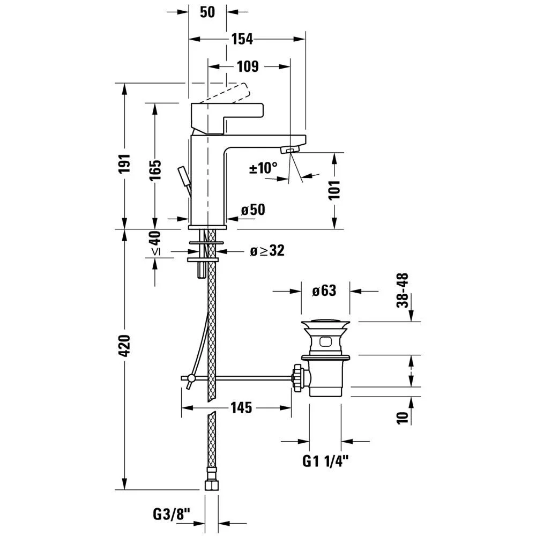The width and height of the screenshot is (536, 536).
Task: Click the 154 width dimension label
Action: [x=242, y=39]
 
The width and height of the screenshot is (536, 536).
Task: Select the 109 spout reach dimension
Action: [x=248, y=66]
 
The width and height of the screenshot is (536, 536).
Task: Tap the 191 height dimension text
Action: [x=124, y=163]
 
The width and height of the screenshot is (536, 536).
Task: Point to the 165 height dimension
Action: [x=155, y=170]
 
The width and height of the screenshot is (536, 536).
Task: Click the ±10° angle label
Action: [x=263, y=168]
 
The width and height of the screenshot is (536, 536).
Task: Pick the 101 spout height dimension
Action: [x=334, y=190]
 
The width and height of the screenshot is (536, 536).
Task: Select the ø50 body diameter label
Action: [x=253, y=210]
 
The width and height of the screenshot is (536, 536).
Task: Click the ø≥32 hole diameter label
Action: [x=267, y=250]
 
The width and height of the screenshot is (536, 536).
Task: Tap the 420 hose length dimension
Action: [x=124, y=346]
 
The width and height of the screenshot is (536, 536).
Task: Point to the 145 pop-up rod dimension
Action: [x=241, y=407]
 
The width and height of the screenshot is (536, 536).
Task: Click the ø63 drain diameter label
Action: [x=324, y=291]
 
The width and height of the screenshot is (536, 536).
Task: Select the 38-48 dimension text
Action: [x=403, y=290]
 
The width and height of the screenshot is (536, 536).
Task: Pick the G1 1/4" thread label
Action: [x=325, y=461]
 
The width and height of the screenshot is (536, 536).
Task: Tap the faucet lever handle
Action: [x=227, y=118]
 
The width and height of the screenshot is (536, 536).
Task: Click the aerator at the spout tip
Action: [x=290, y=150]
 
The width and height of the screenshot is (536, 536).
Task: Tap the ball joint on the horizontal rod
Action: [x=191, y=378]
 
